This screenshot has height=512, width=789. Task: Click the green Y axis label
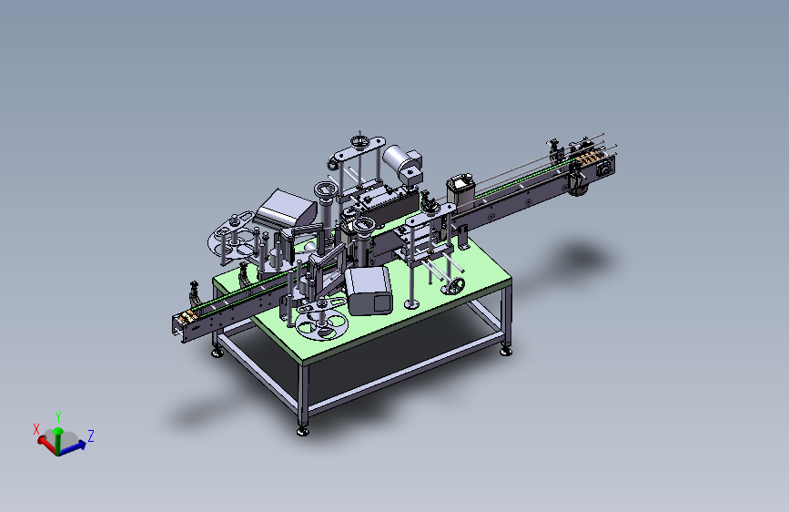coord(58,417)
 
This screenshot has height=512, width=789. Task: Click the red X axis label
coord(36,429)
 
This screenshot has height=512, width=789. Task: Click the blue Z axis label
coord(91,435)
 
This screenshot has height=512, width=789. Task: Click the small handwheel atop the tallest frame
coord(359,140)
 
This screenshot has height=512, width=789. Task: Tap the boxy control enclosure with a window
coord(368,291)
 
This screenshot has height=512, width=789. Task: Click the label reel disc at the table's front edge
coord(321,323)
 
